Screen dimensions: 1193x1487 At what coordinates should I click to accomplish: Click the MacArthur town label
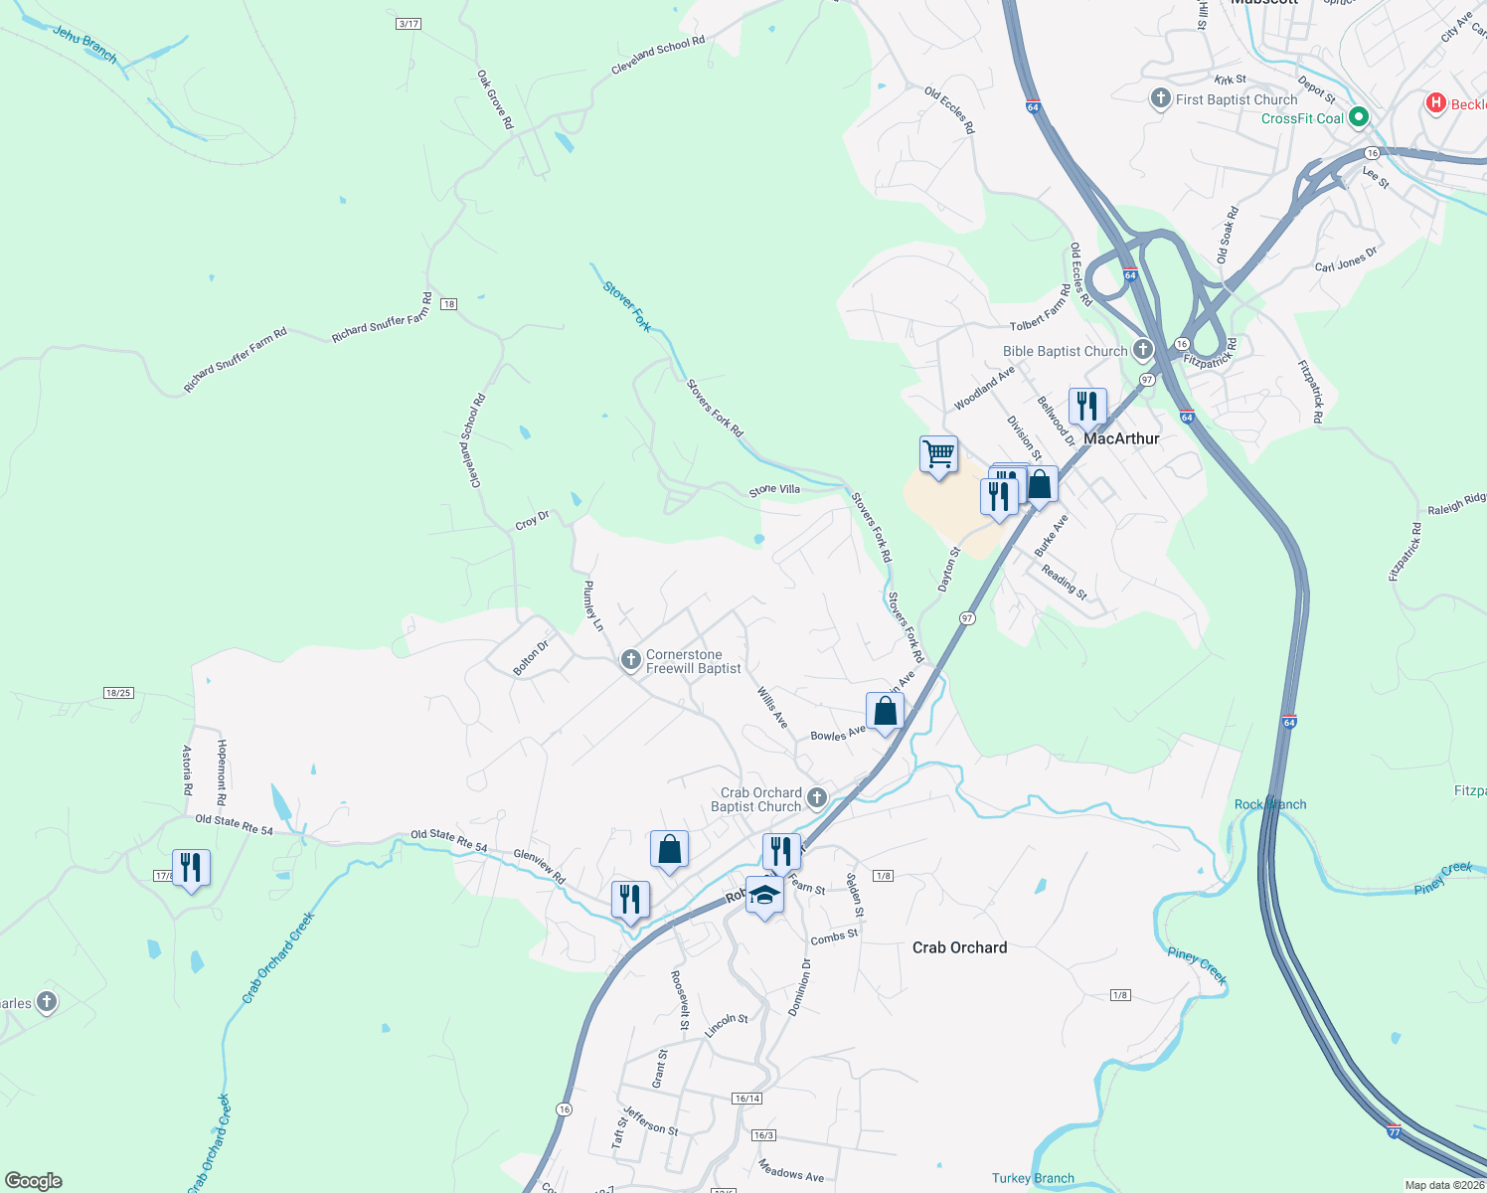coord(1121,438)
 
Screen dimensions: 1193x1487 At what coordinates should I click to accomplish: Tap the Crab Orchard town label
coord(959,947)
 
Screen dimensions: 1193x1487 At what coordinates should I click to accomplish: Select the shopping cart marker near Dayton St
coord(938,454)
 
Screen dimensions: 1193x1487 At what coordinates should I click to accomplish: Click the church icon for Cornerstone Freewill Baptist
coord(630,660)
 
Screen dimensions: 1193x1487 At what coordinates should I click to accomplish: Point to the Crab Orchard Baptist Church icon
coord(817,797)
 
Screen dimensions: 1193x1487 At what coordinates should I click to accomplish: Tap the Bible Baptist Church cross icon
coord(1143,349)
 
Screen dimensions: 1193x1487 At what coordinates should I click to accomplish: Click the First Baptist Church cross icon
coord(1160,98)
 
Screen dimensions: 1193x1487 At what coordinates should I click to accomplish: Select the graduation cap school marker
coord(764,895)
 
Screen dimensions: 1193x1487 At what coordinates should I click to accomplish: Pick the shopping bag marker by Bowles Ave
coord(885,712)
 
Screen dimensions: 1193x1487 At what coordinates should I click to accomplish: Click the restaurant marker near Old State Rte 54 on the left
coord(191,868)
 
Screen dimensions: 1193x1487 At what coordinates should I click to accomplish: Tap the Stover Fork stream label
coord(627,306)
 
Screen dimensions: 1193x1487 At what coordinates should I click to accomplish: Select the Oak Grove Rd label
coord(495,98)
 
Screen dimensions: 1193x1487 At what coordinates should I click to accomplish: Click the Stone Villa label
coord(774,490)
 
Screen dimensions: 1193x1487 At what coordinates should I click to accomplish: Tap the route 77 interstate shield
coord(1394,1131)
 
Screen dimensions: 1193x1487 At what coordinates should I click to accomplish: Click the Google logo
coord(33,1180)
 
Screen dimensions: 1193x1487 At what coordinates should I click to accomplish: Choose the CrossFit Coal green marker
coord(1359,117)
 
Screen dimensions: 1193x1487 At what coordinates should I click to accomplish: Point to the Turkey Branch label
coord(1033,1178)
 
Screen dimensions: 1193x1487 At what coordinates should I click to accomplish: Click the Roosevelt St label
coord(681,999)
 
